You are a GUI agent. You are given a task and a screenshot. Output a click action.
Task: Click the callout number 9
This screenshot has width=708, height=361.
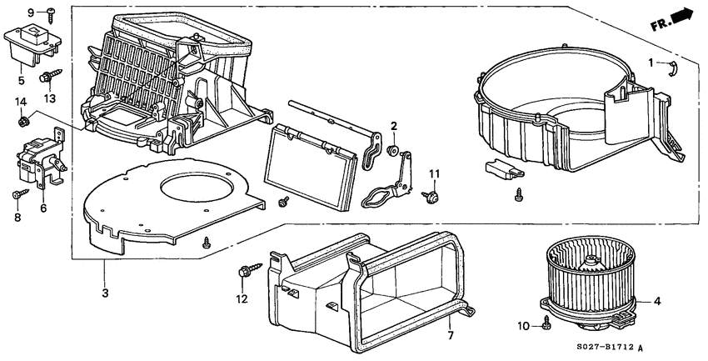tap(31, 13)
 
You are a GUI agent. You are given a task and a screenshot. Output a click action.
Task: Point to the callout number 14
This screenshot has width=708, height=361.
tap(21, 102)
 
